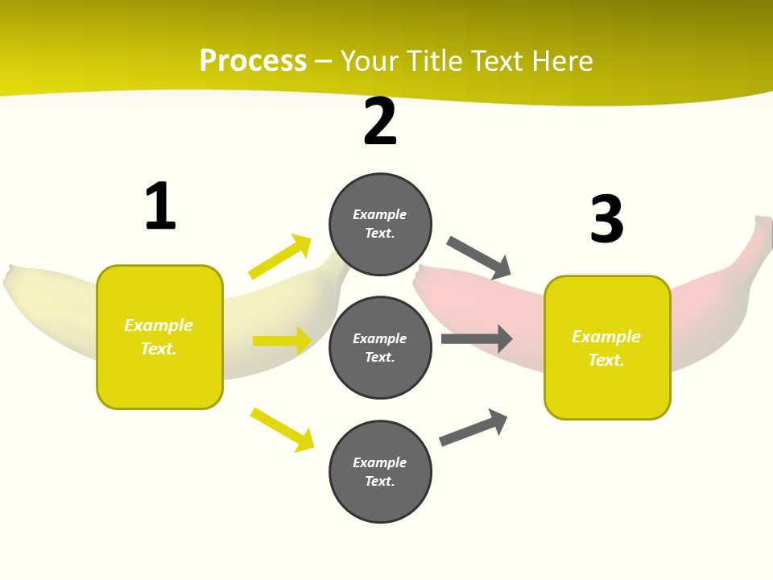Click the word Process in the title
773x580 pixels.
tap(253, 61)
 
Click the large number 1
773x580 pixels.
tap(160, 206)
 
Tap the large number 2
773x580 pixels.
tap(380, 122)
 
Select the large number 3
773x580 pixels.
tap(606, 219)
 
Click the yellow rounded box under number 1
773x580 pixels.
tap(159, 337)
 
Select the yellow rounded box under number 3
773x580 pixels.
tap(607, 347)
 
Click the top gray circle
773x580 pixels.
tap(380, 224)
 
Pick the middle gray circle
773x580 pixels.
tap(380, 347)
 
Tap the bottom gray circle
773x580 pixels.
tap(380, 471)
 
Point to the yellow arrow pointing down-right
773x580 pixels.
tap(282, 429)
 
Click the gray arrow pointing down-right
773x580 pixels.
tap(478, 258)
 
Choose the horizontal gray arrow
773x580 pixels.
tap(476, 338)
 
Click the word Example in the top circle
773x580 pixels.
tap(379, 214)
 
